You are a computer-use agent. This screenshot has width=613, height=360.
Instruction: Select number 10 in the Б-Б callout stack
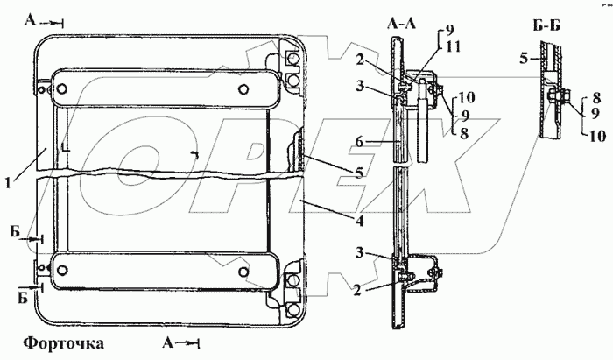pyautogui.click(x=598, y=137)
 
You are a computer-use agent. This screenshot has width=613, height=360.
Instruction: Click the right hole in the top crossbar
pyautogui.click(x=243, y=88)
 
